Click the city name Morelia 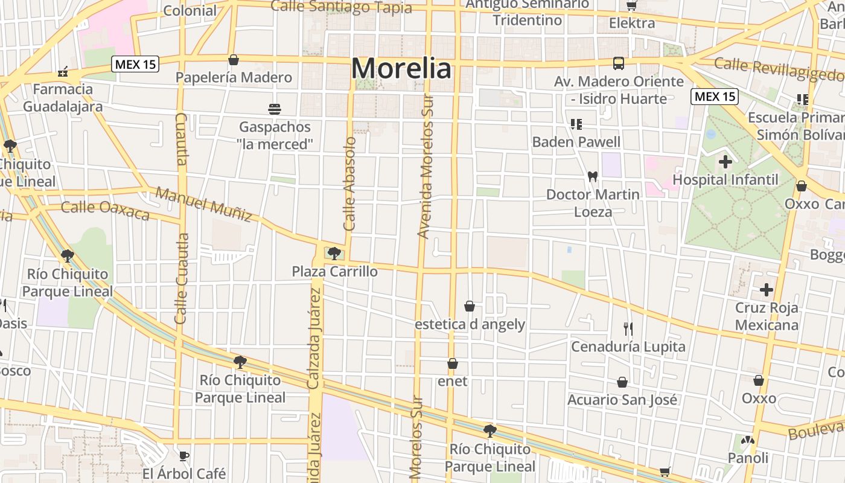pyautogui.click(x=401, y=69)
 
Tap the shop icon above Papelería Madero pyautogui.click(x=234, y=60)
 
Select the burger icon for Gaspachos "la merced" pyautogui.click(x=275, y=109)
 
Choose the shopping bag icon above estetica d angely pyautogui.click(x=470, y=307)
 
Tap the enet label pyautogui.click(x=452, y=382)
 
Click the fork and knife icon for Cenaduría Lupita pyautogui.click(x=628, y=329)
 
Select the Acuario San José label pyautogui.click(x=622, y=400)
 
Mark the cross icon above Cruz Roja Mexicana pyautogui.click(x=767, y=290)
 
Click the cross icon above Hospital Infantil pyautogui.click(x=725, y=162)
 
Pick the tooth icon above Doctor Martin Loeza pyautogui.click(x=592, y=177)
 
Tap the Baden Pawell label pyautogui.click(x=576, y=142)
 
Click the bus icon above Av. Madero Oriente pyautogui.click(x=619, y=63)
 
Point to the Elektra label pyautogui.click(x=632, y=23)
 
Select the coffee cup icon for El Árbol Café pyautogui.click(x=184, y=456)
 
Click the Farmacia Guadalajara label pyautogui.click(x=63, y=98)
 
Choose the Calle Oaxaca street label pyautogui.click(x=105, y=211)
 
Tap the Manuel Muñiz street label pyautogui.click(x=203, y=204)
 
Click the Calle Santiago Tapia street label pyautogui.click(x=341, y=7)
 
